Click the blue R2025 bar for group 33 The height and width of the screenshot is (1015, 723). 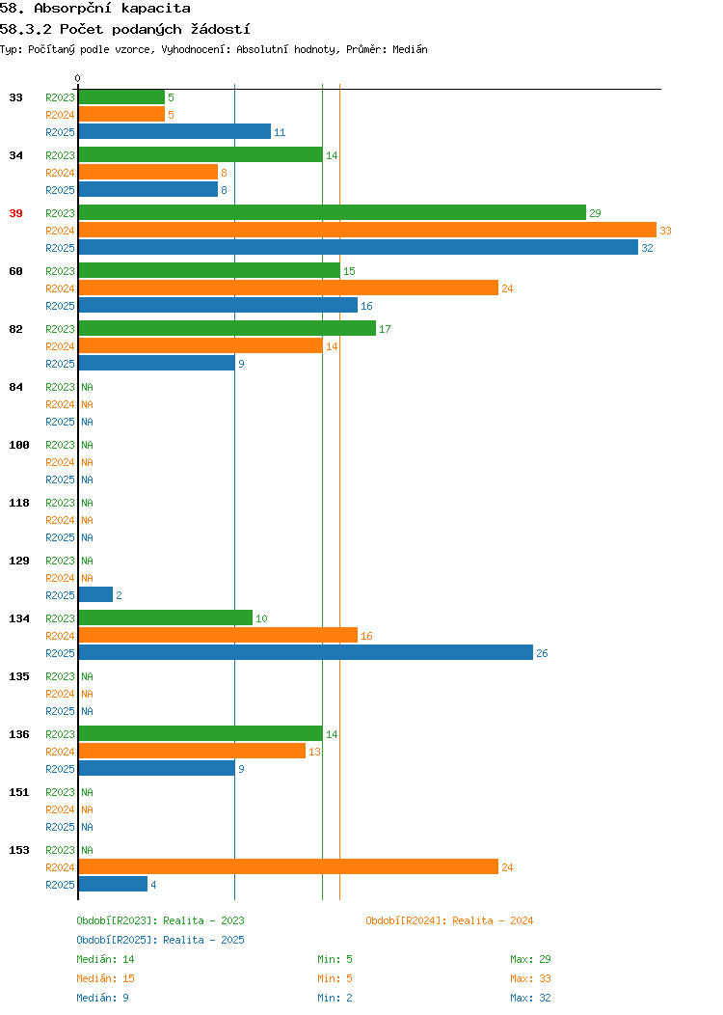coord(174,132)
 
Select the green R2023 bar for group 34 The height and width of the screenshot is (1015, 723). coord(201,155)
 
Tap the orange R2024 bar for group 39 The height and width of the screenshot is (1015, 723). coord(367,231)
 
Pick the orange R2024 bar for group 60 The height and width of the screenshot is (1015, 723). coord(288,288)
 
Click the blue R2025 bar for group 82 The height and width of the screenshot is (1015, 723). coord(156,364)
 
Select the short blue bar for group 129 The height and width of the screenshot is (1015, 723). coord(95,595)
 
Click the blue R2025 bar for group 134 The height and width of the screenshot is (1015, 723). coord(306,653)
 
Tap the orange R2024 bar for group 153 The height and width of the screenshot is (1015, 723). coord(288,867)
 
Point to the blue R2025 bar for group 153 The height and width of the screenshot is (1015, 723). coord(113,885)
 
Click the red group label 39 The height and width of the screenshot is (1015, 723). coord(15,213)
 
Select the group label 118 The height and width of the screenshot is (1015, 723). coord(19,503)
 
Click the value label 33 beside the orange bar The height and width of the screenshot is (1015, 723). coord(665,231)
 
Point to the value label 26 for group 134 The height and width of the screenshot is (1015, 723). coord(542,653)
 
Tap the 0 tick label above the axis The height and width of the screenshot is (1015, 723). coord(78,78)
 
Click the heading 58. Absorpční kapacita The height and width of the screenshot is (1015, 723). coord(95,9)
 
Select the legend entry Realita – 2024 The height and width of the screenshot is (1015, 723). coord(449,920)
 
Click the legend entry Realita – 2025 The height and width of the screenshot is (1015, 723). coord(160,940)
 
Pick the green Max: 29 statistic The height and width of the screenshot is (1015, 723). coord(530,959)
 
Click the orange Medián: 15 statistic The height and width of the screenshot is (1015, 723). coord(105,978)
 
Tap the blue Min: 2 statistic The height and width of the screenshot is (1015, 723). coord(335,998)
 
